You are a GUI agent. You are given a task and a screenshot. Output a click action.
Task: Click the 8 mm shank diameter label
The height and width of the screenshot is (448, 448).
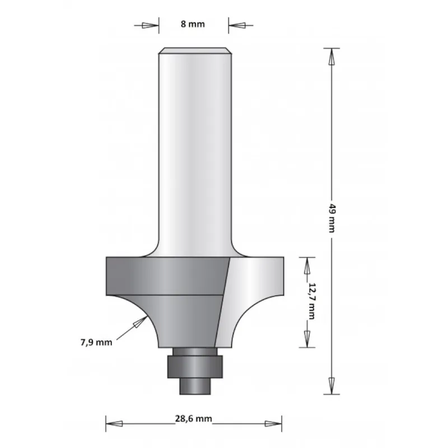(193, 24)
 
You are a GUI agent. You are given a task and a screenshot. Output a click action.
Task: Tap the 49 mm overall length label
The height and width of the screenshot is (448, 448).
(332, 218)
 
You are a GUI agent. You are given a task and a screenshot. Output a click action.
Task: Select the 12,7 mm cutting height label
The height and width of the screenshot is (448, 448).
(312, 301)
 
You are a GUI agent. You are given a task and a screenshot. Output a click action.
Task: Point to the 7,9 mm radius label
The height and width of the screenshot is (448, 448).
(96, 342)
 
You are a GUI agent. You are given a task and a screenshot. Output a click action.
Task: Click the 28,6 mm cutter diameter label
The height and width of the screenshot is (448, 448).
(193, 419)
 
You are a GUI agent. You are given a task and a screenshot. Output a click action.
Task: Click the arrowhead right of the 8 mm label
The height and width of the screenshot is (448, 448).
(237, 25)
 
